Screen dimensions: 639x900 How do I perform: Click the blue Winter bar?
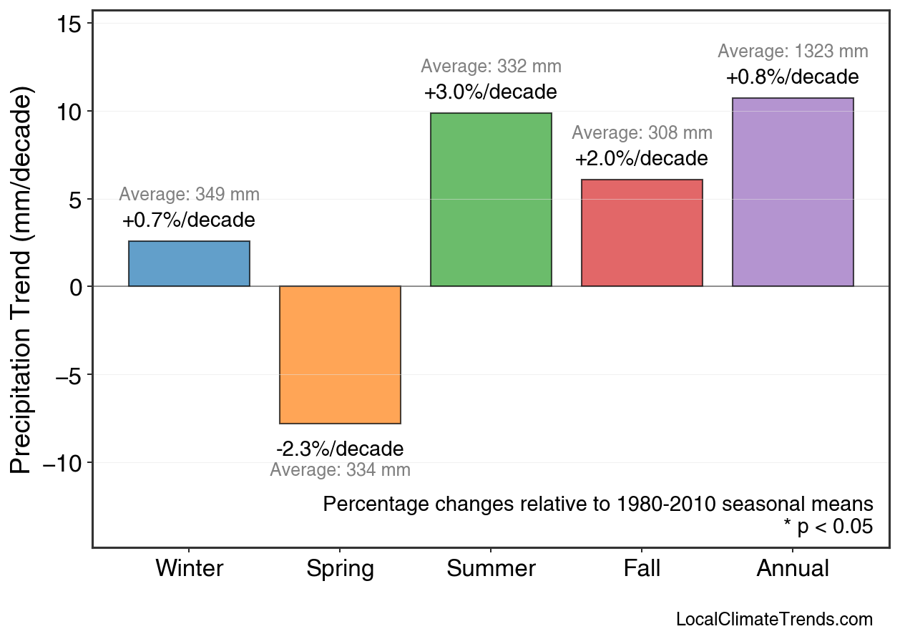(189, 263)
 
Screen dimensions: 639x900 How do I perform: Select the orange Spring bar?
(340, 355)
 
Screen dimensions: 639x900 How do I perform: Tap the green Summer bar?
(491, 200)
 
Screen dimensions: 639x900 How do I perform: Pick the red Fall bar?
(642, 233)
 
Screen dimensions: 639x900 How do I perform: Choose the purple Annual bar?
(793, 192)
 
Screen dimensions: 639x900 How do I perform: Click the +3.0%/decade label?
(491, 93)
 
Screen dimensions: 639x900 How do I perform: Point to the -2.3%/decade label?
(340, 449)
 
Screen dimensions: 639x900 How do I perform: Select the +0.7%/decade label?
(189, 220)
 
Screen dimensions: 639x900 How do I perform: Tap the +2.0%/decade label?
(642, 158)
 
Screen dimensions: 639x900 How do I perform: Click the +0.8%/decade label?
(793, 77)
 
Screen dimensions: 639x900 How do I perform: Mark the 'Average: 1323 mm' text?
(793, 52)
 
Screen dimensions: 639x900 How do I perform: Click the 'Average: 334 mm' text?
(340, 471)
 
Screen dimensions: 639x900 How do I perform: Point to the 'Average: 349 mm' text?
(189, 195)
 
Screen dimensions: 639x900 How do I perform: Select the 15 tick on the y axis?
(70, 24)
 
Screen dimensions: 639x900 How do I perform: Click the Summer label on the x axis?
(491, 569)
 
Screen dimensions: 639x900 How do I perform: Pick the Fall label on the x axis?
(642, 569)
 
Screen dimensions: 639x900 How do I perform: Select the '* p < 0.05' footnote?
(828, 527)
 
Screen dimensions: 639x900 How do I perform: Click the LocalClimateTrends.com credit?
(774, 620)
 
